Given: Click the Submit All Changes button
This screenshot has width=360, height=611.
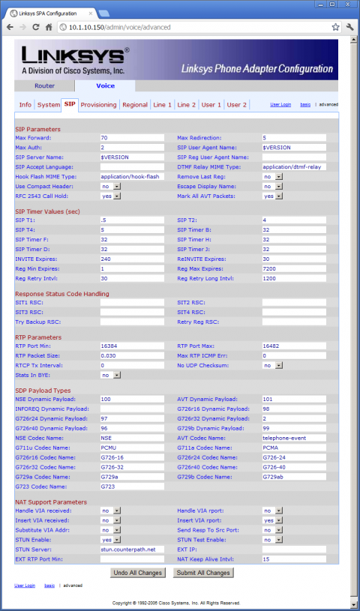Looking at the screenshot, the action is pyautogui.click(x=202, y=573).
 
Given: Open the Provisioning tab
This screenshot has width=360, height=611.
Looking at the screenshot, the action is pyautogui.click(x=98, y=105).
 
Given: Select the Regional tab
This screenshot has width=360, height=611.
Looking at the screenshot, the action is pyautogui.click(x=135, y=105).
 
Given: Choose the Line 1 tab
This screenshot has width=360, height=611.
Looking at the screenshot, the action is pyautogui.click(x=163, y=105).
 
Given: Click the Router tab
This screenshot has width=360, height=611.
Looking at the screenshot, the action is pyautogui.click(x=44, y=86).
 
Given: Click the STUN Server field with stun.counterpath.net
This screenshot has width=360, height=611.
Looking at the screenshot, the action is pyautogui.click(x=132, y=550).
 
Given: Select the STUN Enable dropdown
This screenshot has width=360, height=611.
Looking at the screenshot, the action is pyautogui.click(x=109, y=540).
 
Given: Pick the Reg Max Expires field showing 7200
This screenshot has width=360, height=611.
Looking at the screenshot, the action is pyautogui.click(x=293, y=268).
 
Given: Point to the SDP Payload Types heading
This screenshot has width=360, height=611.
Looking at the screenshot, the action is pyautogui.click(x=44, y=391).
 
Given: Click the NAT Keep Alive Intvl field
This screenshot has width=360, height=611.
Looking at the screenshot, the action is pyautogui.click(x=293, y=559).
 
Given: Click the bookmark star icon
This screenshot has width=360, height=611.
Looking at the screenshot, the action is pyautogui.click(x=335, y=27).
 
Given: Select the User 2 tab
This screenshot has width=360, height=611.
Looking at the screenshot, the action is pyautogui.click(x=236, y=105).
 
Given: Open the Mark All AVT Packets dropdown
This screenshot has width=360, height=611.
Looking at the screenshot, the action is pyautogui.click(x=271, y=196).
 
